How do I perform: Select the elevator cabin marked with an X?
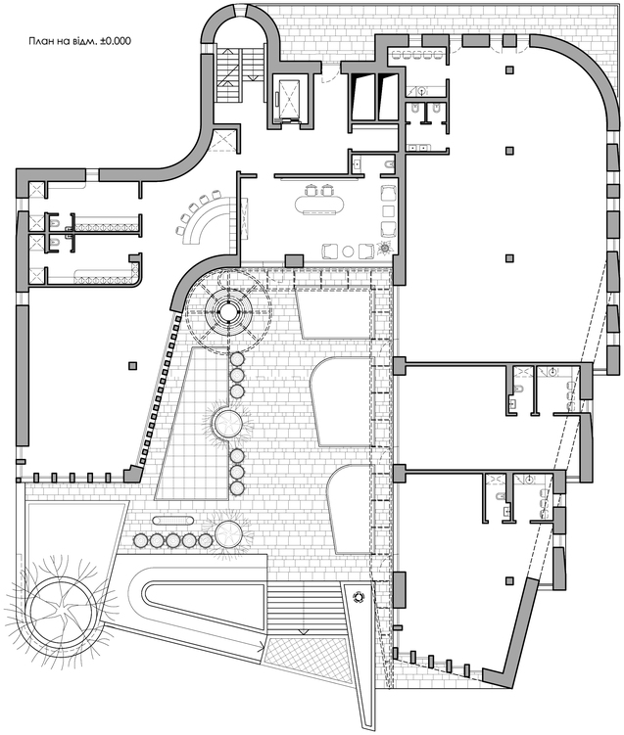(288, 98)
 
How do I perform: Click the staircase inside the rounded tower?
(240, 73)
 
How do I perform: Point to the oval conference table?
(319, 205)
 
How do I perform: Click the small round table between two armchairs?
(348, 252)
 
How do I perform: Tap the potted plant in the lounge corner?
(385, 248)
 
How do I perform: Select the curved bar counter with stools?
(208, 220)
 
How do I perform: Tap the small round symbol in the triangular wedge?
(360, 597)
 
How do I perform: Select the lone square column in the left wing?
(133, 366)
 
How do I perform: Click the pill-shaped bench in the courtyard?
(172, 520)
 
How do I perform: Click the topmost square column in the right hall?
(509, 70)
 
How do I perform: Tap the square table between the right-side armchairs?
(388, 211)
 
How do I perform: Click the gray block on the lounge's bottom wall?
(294, 261)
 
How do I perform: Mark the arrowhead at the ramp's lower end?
(260, 649)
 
